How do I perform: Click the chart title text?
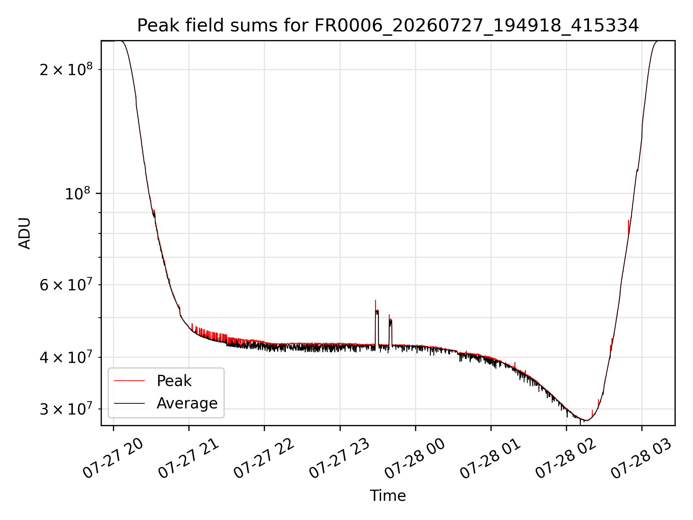click(x=388, y=26)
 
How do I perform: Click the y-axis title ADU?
click(x=25, y=233)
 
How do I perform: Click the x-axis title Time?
click(x=388, y=496)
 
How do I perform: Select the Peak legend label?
click(x=174, y=381)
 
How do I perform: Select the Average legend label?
click(x=187, y=403)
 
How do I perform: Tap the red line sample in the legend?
click(x=129, y=381)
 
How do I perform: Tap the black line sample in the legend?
click(x=129, y=403)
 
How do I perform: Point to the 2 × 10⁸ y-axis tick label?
click(x=66, y=69)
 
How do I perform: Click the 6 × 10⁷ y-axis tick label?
click(x=66, y=285)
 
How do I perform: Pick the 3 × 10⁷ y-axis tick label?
click(x=66, y=409)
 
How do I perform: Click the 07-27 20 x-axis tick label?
click(x=113, y=459)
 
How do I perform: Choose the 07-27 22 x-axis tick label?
click(x=264, y=459)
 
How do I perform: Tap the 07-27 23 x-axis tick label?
click(x=339, y=459)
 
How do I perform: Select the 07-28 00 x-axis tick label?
click(x=415, y=459)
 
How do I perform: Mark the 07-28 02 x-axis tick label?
click(x=566, y=459)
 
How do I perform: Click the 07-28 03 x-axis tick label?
click(x=641, y=459)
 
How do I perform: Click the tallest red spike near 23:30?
click(x=375, y=300)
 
